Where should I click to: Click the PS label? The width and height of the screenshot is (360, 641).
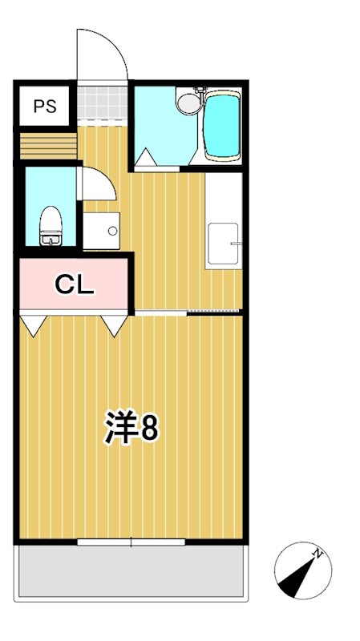pyautogui.click(x=45, y=107)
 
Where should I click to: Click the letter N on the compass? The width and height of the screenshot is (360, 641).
pyautogui.click(x=318, y=554)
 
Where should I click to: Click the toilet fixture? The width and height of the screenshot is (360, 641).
pyautogui.click(x=51, y=225)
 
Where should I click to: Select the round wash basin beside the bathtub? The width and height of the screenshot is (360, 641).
pyautogui.click(x=188, y=103)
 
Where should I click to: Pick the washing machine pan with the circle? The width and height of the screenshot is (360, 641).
pyautogui.click(x=101, y=232)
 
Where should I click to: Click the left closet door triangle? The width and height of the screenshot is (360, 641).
pyautogui.click(x=33, y=324)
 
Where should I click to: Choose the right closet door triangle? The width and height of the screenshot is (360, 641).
pyautogui.click(x=114, y=324)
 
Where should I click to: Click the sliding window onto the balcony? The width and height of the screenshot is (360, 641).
pyautogui.click(x=131, y=542)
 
